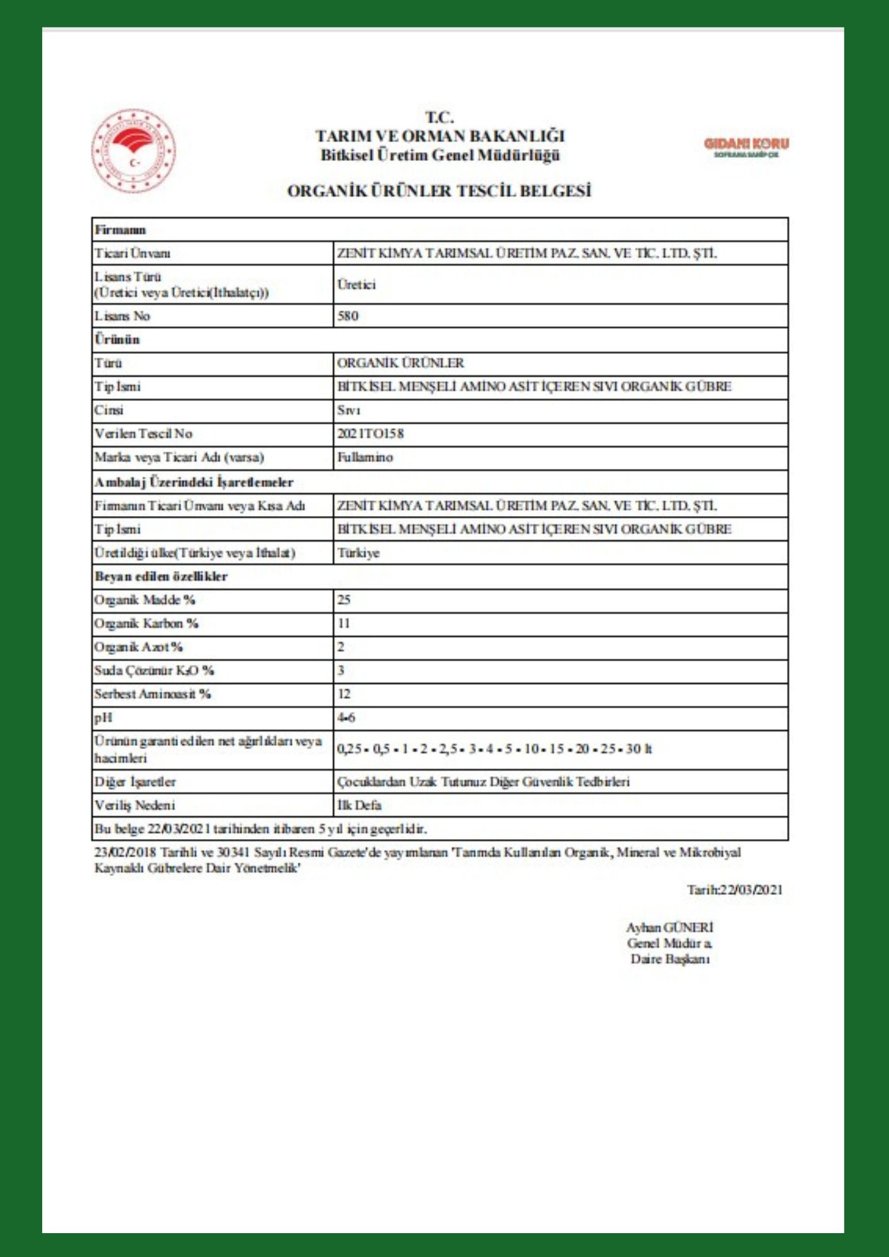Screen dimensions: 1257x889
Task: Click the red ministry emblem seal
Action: coord(133,151)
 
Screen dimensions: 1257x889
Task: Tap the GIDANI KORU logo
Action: coord(746,146)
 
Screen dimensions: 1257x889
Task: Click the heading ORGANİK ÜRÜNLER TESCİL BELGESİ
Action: coord(439,191)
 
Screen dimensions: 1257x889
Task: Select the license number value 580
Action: coord(348,316)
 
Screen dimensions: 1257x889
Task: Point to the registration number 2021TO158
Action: coord(370,434)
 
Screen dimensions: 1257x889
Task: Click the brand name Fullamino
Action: coord(365,457)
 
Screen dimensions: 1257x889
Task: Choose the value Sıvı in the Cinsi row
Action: coord(348,410)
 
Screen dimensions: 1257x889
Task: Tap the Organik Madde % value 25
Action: coord(344,600)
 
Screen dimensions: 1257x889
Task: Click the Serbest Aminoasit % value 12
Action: coord(344,694)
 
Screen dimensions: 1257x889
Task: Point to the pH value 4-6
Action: coord(346,717)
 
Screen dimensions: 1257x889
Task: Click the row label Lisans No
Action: coord(122,316)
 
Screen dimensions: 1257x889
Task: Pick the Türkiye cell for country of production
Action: coord(358,553)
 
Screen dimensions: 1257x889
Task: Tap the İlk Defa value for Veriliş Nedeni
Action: coord(359,805)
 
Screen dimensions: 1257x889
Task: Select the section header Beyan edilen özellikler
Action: coord(161,576)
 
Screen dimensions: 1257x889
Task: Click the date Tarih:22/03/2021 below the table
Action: coord(734,889)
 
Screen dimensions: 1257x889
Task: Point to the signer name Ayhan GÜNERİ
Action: coord(670,927)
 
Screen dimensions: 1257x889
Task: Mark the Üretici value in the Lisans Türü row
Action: coord(356,284)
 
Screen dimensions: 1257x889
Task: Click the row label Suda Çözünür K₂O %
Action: coord(154,671)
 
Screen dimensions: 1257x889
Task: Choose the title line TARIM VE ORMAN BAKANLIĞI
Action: coord(439,136)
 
